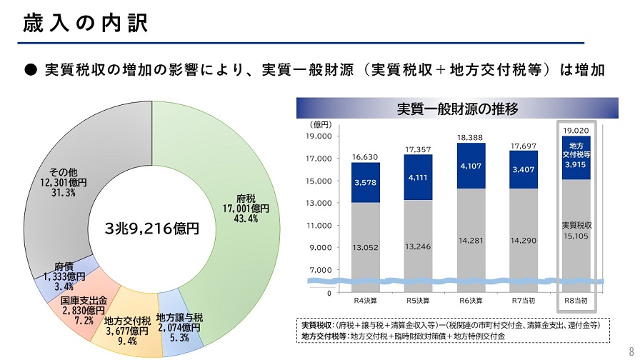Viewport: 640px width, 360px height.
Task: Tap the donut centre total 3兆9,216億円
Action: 151,229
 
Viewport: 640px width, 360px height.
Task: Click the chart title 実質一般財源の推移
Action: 457,109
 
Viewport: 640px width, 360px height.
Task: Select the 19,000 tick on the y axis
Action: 319,136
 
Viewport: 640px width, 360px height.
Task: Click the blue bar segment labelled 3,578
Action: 365,183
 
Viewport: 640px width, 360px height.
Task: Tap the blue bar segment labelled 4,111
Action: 418,176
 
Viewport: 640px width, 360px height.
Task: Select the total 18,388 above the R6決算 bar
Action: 471,137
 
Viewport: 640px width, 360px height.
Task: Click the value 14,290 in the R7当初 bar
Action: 524,241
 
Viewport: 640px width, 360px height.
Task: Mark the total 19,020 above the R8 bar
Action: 575,130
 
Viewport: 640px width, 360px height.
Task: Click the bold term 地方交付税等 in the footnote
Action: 326,335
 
